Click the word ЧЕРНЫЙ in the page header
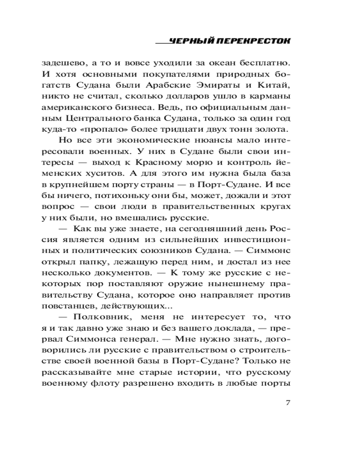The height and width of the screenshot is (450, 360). (x=188, y=41)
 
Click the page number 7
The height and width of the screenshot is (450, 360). (x=288, y=402)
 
